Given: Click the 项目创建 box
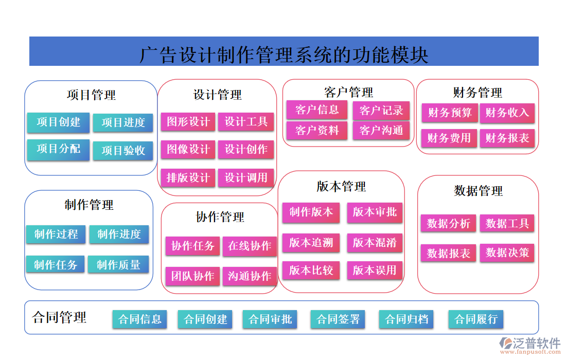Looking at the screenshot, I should [x=58, y=122].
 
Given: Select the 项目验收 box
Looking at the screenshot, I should [x=123, y=151].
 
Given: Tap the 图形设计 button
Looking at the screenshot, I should [x=188, y=122].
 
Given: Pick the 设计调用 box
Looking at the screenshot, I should [x=246, y=178].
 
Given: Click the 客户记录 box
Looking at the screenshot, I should [x=381, y=111].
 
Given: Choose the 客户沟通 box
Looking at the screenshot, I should [x=381, y=131].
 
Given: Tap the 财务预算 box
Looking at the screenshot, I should [x=450, y=113].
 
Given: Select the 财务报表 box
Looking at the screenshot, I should [x=507, y=138].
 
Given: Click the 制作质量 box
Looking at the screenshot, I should [x=118, y=265].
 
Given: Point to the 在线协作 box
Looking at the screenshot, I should [x=250, y=246].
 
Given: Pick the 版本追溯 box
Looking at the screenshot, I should [x=311, y=243].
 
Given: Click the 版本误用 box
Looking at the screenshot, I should [x=375, y=271].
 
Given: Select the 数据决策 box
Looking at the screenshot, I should [x=507, y=253].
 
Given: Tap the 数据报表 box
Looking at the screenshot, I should [x=449, y=253].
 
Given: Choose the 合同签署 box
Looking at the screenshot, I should [x=338, y=319].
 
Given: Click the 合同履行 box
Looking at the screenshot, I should [x=476, y=319].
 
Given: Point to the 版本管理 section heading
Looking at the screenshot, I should [x=341, y=186].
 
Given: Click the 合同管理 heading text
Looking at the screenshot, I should [x=59, y=317].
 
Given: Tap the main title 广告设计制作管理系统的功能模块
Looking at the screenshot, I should [x=284, y=54].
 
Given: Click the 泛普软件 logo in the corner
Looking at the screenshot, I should [x=530, y=345].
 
